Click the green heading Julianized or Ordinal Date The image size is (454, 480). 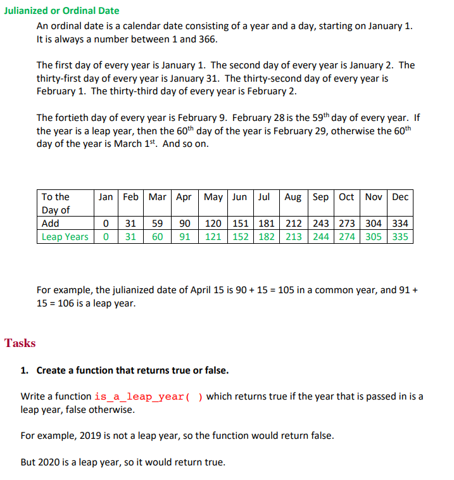[x=61, y=11]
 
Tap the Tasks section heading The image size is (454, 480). [x=20, y=343]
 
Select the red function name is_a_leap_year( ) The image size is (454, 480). [x=148, y=397]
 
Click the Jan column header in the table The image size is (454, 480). [x=106, y=197]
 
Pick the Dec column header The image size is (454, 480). [x=400, y=197]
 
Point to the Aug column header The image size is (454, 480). [x=293, y=197]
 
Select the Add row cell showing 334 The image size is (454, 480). [x=400, y=224]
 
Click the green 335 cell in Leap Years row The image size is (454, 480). [x=400, y=237]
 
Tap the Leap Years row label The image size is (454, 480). [x=65, y=237]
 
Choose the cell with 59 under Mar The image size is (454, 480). [x=158, y=224]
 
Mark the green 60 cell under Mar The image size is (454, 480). [x=158, y=237]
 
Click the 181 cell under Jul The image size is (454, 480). [x=267, y=224]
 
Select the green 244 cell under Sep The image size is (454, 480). [x=320, y=237]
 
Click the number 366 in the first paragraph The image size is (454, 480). [x=207, y=39]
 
